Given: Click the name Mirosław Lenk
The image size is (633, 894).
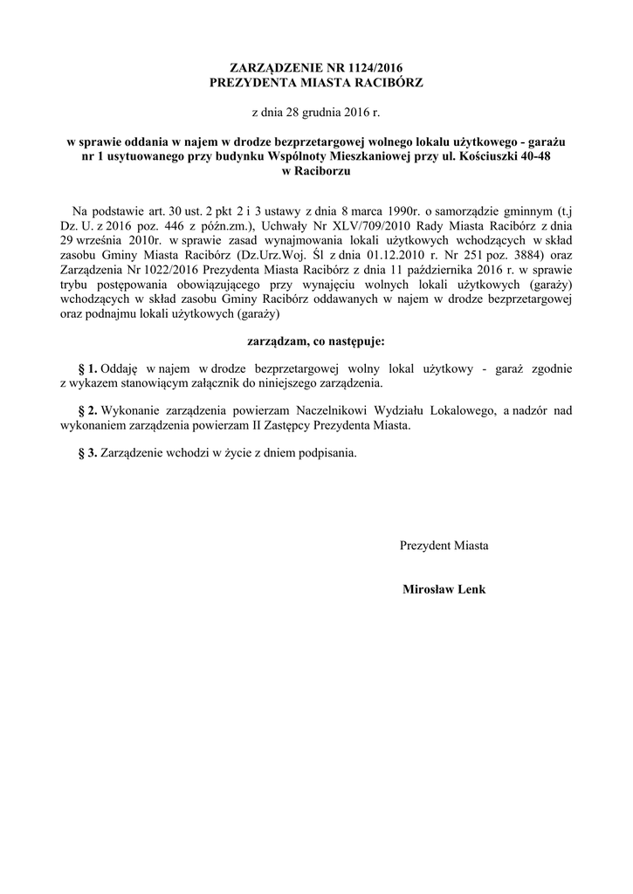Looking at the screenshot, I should tap(444, 588).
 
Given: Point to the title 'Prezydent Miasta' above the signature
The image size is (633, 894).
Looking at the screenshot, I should tap(444, 546).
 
